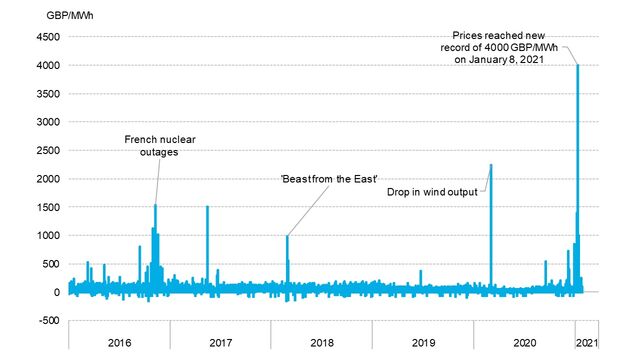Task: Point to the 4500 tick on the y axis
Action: pyautogui.click(x=48, y=37)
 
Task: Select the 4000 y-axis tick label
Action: pyautogui.click(x=48, y=65)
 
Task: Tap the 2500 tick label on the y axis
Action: pyautogui.click(x=48, y=150)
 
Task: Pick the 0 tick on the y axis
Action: pyautogui.click(x=57, y=292)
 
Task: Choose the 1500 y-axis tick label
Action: pyautogui.click(x=48, y=207)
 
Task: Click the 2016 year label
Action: pyautogui.click(x=119, y=342)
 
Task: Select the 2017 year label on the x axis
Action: pyautogui.click(x=221, y=342)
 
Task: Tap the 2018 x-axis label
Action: pyautogui.click(x=322, y=342)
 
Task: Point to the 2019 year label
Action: pyautogui.click(x=424, y=342)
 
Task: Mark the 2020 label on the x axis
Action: pyautogui.click(x=525, y=342)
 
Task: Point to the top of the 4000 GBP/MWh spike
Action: pyautogui.click(x=578, y=65)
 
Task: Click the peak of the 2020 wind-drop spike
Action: pyautogui.click(x=491, y=165)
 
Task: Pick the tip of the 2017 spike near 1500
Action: pyautogui.click(x=207, y=206)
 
